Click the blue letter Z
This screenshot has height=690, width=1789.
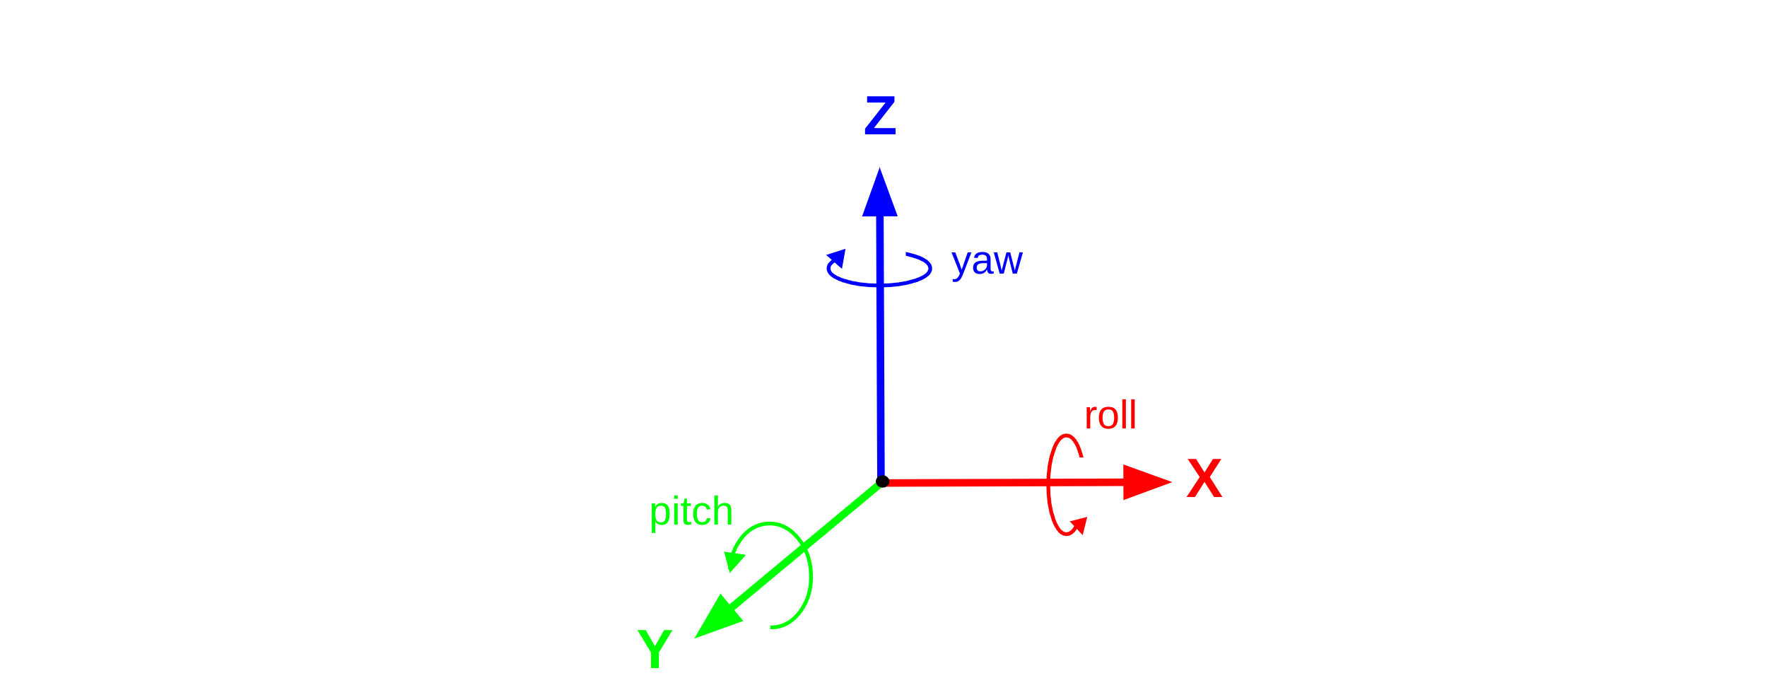pyautogui.click(x=880, y=116)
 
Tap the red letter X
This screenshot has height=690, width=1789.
pyautogui.click(x=1204, y=479)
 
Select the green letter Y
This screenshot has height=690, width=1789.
pyautogui.click(x=655, y=648)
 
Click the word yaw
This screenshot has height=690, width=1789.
pyautogui.click(x=987, y=262)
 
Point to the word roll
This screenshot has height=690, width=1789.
pyautogui.click(x=1110, y=416)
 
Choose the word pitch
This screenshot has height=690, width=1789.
pyautogui.click(x=691, y=512)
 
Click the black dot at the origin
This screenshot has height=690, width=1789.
pyautogui.click(x=882, y=481)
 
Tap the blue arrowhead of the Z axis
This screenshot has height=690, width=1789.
pyautogui.click(x=880, y=197)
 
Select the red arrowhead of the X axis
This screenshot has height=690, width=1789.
pyautogui.click(x=1143, y=482)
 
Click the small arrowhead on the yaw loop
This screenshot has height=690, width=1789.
pyautogui.click(x=837, y=258)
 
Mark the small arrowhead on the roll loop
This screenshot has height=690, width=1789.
pyautogui.click(x=1079, y=525)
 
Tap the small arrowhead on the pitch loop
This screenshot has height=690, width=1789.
pyautogui.click(x=733, y=561)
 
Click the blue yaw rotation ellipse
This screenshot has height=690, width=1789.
pyautogui.click(x=919, y=278)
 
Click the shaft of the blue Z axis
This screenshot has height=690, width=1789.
pyautogui.click(x=881, y=353)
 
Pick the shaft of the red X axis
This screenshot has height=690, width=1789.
pyautogui.click(x=990, y=483)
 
